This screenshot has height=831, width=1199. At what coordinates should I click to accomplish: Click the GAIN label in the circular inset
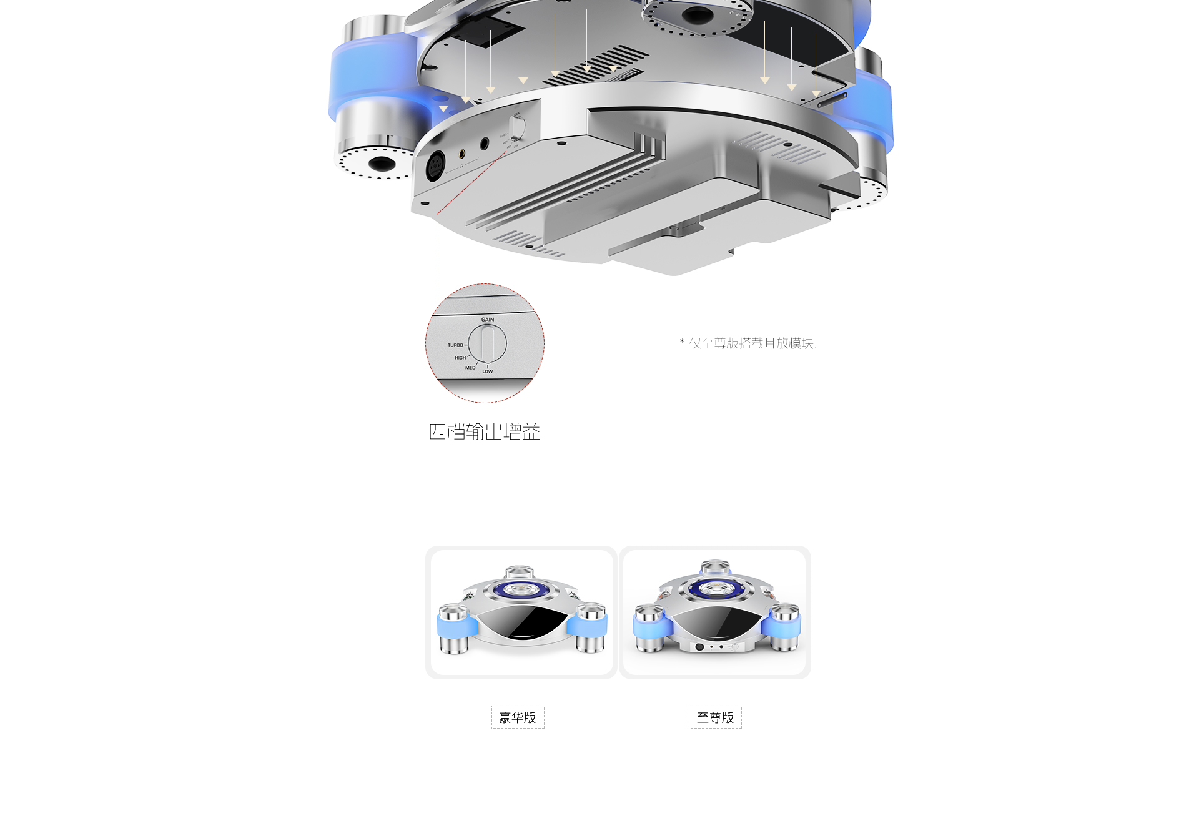tap(488, 320)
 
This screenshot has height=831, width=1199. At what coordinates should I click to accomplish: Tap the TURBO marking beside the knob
tap(455, 345)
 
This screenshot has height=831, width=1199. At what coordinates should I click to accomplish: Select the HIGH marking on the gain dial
tap(460, 358)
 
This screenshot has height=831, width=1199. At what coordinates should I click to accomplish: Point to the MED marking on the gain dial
tap(470, 368)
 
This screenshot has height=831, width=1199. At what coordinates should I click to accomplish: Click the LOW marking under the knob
tap(488, 371)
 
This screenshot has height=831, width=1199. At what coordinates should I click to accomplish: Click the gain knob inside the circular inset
tap(488, 343)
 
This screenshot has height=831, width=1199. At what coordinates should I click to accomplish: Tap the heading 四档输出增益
tap(485, 431)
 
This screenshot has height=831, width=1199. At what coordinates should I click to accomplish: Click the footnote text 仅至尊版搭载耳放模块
tap(752, 343)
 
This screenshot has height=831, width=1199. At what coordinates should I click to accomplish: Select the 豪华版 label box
tap(518, 717)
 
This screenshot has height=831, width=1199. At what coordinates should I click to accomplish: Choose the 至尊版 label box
tap(715, 717)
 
